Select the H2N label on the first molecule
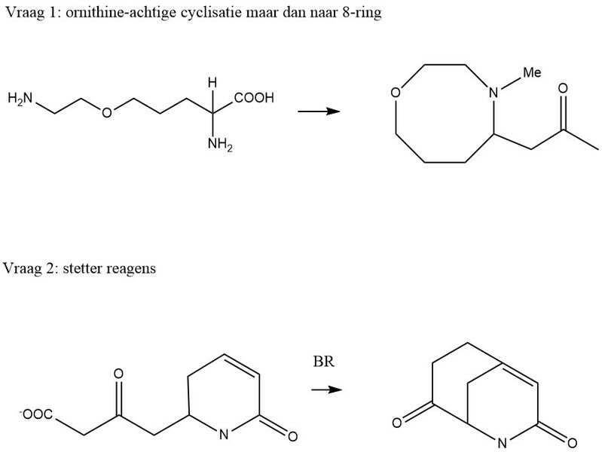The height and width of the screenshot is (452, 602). click(20, 99)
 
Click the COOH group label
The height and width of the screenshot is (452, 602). click(254, 98)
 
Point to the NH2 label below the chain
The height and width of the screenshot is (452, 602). click(220, 145)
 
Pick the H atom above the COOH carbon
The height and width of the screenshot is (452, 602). click(212, 83)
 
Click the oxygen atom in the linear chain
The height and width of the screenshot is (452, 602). click(107, 112)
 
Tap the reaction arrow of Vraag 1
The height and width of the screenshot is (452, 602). click(319, 111)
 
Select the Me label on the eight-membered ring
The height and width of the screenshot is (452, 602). click(532, 72)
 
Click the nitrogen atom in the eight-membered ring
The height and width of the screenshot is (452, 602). click(494, 93)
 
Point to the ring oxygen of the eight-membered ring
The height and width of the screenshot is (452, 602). click(396, 93)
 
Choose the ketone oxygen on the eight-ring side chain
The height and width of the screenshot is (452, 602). click(563, 88)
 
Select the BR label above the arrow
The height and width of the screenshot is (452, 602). click(324, 362)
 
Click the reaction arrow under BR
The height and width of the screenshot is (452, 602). click(327, 389)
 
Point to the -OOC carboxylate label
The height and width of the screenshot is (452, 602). click(36, 414)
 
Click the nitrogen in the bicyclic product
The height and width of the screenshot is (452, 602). click(502, 444)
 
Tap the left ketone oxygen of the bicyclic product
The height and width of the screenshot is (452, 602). click(397, 423)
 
